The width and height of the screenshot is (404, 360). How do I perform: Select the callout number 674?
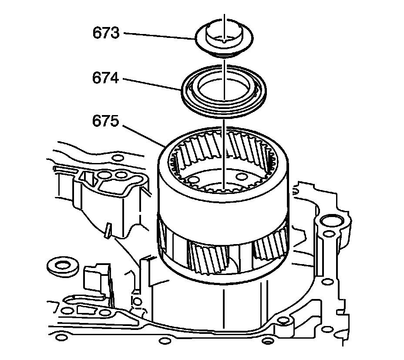(106, 78)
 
